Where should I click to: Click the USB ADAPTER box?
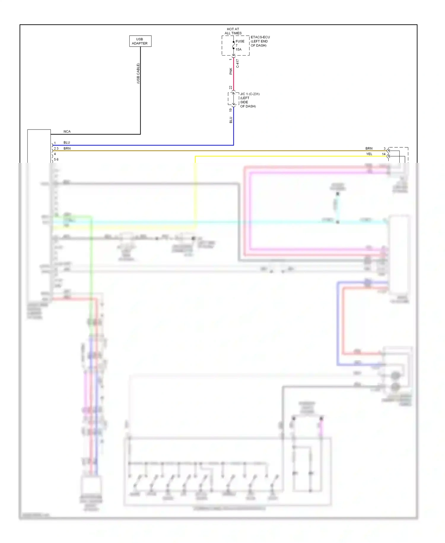140,41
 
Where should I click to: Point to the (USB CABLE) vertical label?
138,73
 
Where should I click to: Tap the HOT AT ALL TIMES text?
233,31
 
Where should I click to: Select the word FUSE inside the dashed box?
240,41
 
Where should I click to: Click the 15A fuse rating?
239,50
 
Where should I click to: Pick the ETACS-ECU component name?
260,37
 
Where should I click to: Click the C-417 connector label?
237,64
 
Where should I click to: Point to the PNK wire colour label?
231,71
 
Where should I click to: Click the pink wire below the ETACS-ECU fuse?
233,77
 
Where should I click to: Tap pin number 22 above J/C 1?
231,88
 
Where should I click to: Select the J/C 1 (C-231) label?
250,94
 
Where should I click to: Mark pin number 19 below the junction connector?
231,110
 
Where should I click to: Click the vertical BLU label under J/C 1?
231,120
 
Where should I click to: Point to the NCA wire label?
67,131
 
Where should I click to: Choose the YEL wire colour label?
369,154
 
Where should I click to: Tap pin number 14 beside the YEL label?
384,154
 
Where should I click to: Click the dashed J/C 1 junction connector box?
233,99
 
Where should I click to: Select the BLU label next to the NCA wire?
67,143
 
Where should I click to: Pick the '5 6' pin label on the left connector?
56,160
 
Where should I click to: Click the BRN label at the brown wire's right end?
369,148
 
